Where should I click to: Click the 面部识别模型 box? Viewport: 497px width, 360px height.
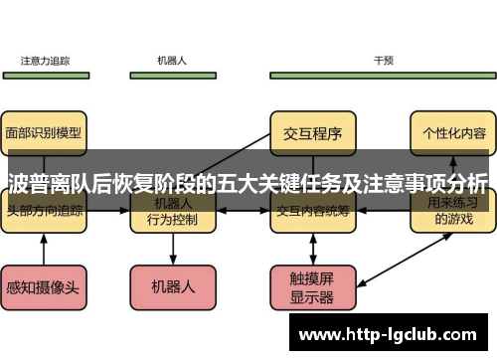coord(44,131)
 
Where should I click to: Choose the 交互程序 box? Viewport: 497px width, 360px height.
coord(313,131)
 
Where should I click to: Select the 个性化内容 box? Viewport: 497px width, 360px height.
coord(453,131)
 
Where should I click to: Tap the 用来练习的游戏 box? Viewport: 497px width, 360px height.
coord(453,213)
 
